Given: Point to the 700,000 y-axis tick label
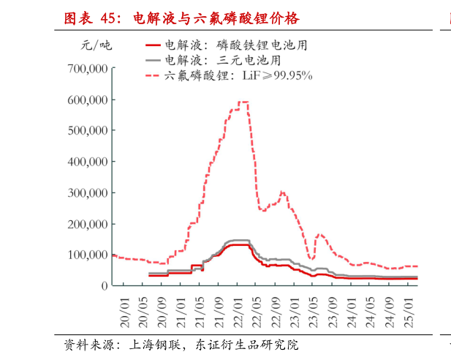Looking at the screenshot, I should coord(88,69).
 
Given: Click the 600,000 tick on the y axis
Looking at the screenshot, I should coord(88,100).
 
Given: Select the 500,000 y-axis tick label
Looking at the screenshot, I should coord(88,131).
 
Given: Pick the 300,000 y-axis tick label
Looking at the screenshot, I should coord(88,193).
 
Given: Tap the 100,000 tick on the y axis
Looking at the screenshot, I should coord(88,255).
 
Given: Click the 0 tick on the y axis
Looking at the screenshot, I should coord(105,286).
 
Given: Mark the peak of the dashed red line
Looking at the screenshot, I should coord(244,102).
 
